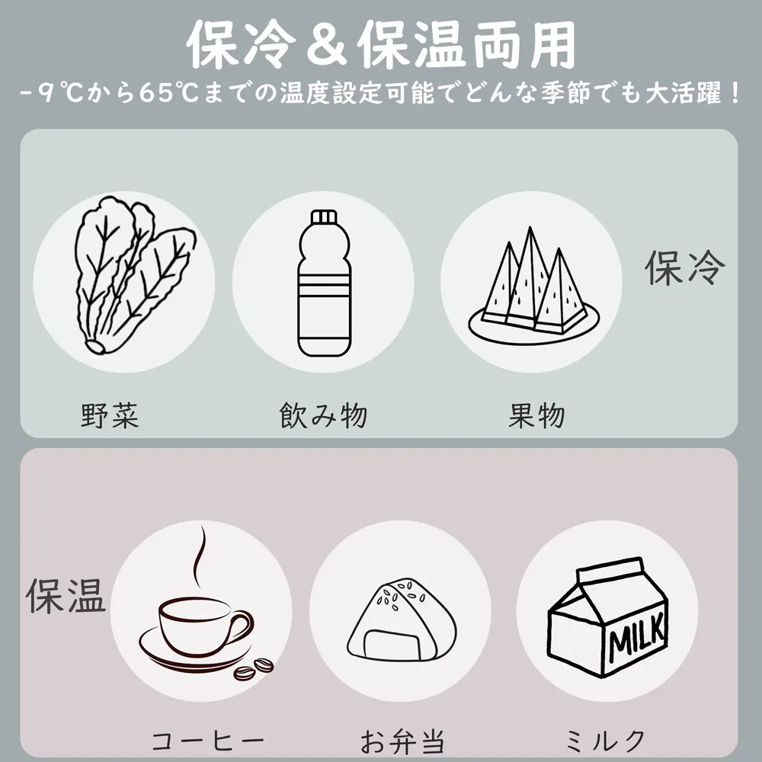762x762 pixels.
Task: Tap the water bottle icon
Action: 324,283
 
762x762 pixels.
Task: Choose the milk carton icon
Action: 607,616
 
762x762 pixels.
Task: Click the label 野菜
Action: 110,415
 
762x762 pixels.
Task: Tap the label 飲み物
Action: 324,415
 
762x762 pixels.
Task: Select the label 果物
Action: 536,415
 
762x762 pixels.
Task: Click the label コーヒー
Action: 208,741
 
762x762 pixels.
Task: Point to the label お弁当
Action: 402,741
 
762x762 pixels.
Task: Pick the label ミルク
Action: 605,741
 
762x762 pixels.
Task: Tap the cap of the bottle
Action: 324,216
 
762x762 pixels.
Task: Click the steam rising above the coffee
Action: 199,557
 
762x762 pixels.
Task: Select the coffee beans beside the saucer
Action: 254,669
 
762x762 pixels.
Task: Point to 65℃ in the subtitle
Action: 169,92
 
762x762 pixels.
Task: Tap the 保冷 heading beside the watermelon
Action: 685,267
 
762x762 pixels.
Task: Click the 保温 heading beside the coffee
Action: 66,595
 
